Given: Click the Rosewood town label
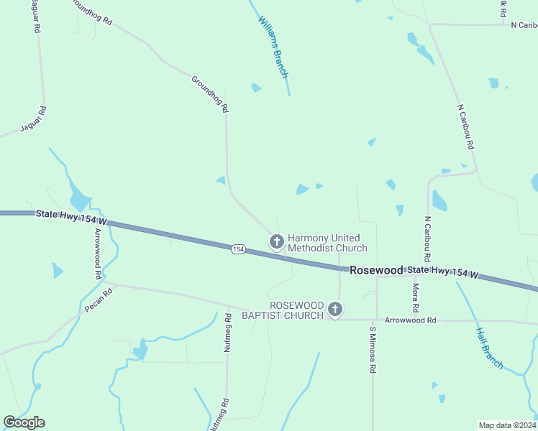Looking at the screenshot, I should pos(377,270).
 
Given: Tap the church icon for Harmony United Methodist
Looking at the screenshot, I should pos(276,242).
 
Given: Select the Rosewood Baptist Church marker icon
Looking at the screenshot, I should pos(334,310).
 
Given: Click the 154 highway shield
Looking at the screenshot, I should pos(239,249).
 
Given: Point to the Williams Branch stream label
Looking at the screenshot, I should pos(273,47).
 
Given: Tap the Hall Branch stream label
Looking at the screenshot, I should pos(490,348).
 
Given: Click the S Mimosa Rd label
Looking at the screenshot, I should pos(373,351).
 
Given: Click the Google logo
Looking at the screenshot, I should pos(24,422).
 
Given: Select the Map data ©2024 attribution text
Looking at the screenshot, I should pos(507,425).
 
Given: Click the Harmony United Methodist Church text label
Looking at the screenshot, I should pos(327,243).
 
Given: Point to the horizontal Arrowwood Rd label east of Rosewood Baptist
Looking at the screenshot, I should pos(411,320).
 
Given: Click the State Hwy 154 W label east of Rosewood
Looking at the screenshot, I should pos(443,272).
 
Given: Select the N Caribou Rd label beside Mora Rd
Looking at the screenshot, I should pos(427,239).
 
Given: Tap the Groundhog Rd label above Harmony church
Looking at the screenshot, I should pos(210,94).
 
